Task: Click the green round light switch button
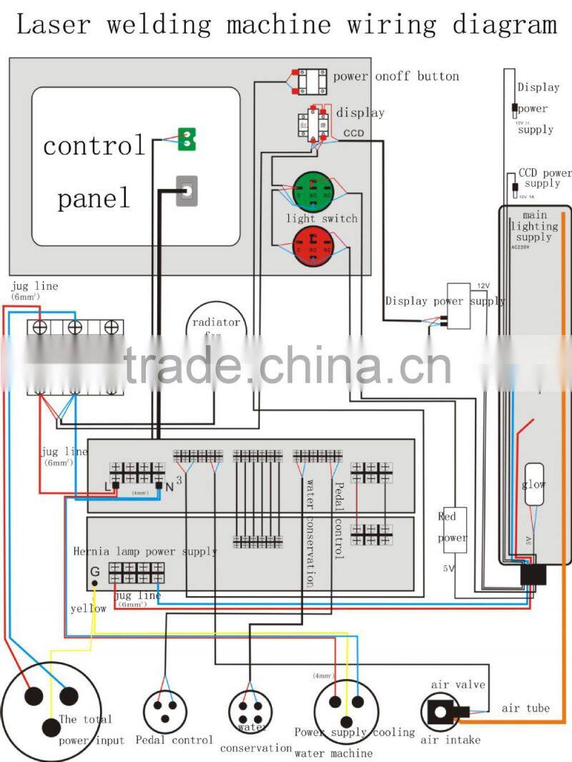313,191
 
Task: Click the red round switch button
313,246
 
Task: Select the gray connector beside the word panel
187,190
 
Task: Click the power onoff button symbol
312,81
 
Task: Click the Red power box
452,529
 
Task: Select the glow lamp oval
535,485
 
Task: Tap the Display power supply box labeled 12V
459,306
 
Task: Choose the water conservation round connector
250,712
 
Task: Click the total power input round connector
48,708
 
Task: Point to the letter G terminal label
94,571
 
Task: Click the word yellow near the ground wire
88,608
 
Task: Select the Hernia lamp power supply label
145,552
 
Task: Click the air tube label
526,708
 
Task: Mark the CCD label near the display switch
353,133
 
